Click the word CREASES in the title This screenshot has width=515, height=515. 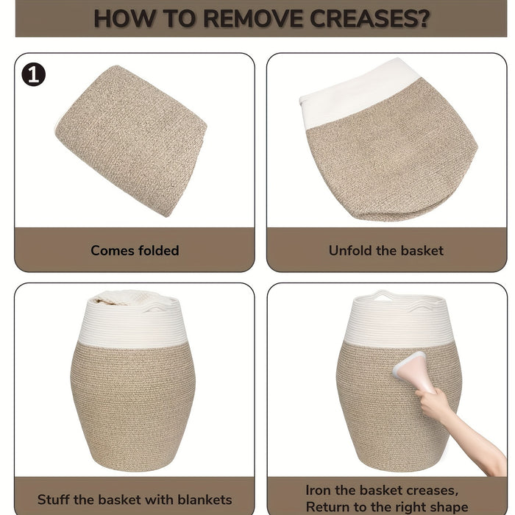[364, 18]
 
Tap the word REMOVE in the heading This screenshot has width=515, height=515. [252, 18]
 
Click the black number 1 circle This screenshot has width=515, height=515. [34, 74]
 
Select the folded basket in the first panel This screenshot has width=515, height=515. [131, 141]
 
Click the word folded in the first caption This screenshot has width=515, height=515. [158, 250]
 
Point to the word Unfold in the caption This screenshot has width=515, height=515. [350, 250]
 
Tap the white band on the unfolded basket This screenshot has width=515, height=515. [359, 95]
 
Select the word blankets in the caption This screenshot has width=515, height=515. [205, 500]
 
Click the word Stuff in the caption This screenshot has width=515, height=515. [54, 500]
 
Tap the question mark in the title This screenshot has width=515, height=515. [425, 18]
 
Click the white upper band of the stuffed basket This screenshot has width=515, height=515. [134, 324]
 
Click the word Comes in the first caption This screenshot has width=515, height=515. [113, 250]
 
